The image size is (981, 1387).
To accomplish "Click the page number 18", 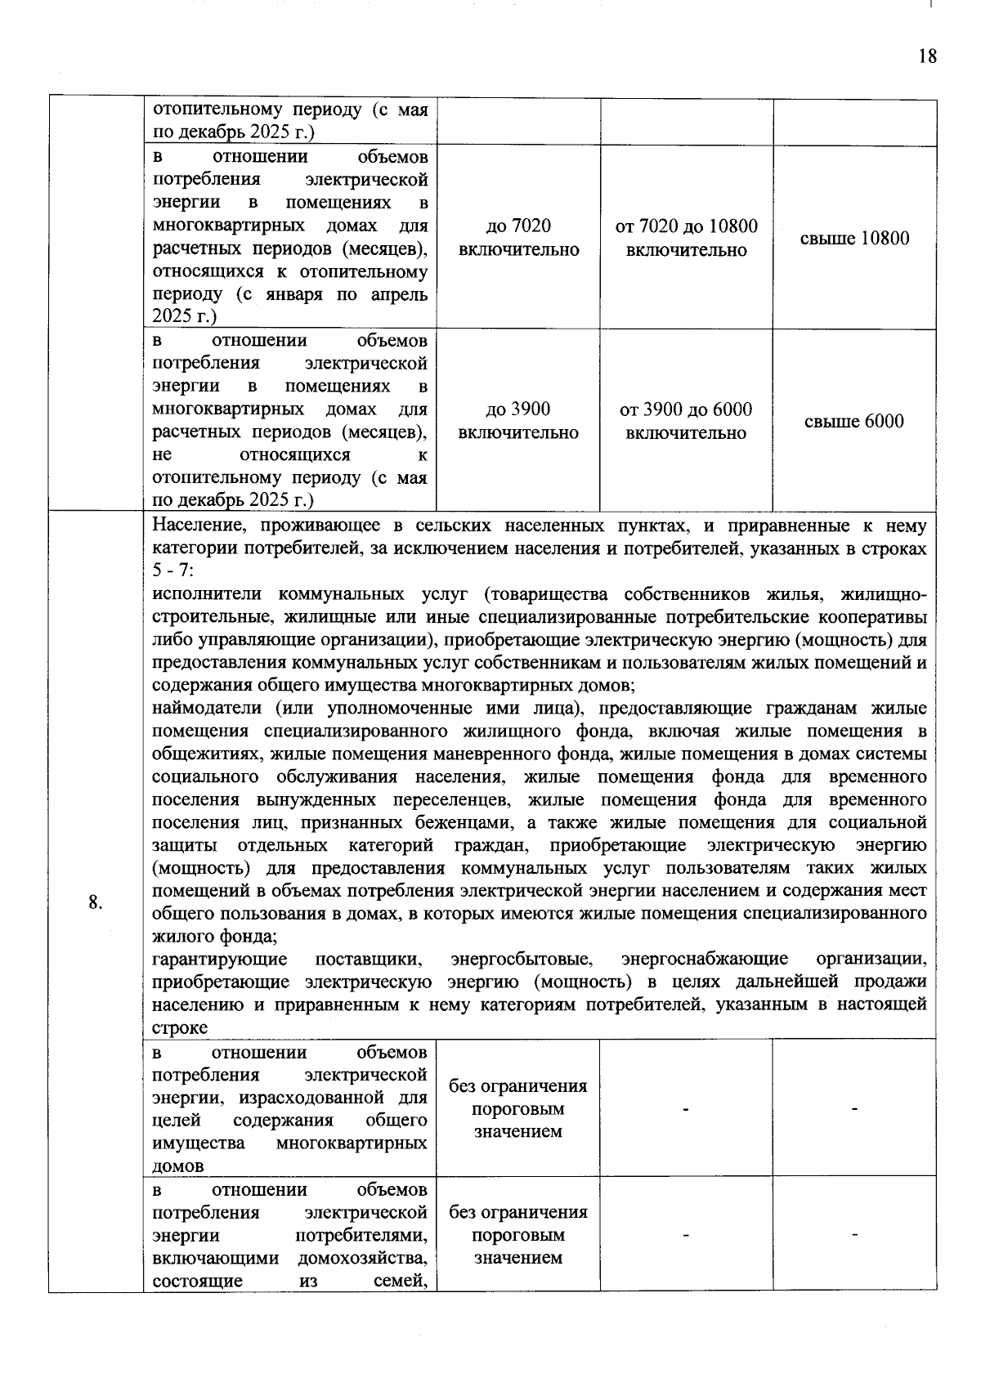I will (927, 56).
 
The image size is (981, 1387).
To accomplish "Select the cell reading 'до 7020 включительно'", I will (518, 238).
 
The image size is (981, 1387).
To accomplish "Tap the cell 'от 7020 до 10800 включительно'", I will (686, 238).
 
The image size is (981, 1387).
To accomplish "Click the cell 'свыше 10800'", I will (854, 239).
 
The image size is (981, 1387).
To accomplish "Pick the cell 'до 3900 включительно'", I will (518, 421).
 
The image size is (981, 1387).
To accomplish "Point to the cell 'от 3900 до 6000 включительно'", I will (686, 421).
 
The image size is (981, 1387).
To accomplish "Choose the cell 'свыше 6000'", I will (854, 422).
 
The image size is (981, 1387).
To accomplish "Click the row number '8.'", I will (96, 902).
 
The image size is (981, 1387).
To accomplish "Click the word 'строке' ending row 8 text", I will (180, 1027).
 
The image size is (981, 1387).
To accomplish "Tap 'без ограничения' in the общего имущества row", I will (518, 1086).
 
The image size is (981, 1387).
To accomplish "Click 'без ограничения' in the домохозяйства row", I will (518, 1212).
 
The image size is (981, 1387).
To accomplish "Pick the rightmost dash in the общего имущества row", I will (854, 1108).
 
